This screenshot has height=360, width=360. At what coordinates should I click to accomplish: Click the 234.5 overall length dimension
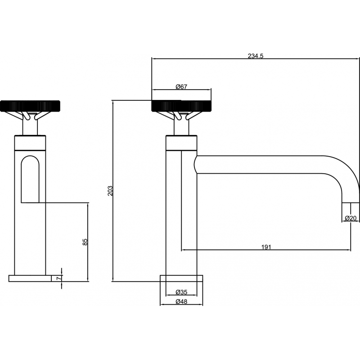[255, 56]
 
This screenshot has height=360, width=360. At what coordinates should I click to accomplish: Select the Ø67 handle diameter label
[181, 87]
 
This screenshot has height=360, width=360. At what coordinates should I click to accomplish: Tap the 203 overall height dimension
[110, 191]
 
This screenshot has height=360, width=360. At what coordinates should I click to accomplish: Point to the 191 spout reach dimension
[266, 247]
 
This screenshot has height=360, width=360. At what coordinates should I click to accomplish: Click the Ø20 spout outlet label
[351, 218]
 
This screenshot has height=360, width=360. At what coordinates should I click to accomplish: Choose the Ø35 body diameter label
[181, 292]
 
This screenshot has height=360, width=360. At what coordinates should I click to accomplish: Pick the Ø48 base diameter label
[181, 301]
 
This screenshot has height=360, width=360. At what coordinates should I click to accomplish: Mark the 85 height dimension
[85, 242]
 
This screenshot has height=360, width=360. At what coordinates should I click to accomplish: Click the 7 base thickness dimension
[59, 278]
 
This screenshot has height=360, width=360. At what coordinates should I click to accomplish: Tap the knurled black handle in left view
[30, 106]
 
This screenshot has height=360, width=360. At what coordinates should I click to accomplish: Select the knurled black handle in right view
[181, 106]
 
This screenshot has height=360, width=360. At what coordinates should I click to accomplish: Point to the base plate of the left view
[30, 278]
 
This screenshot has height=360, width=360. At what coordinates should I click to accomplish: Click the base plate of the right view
[181, 278]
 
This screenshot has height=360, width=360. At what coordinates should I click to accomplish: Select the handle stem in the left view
[30, 125]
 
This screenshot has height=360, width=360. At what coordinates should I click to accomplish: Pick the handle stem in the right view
[181, 125]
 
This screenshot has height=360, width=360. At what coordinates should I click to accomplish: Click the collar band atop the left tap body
[30, 143]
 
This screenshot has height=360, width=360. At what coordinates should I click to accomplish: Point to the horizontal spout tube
[260, 164]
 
